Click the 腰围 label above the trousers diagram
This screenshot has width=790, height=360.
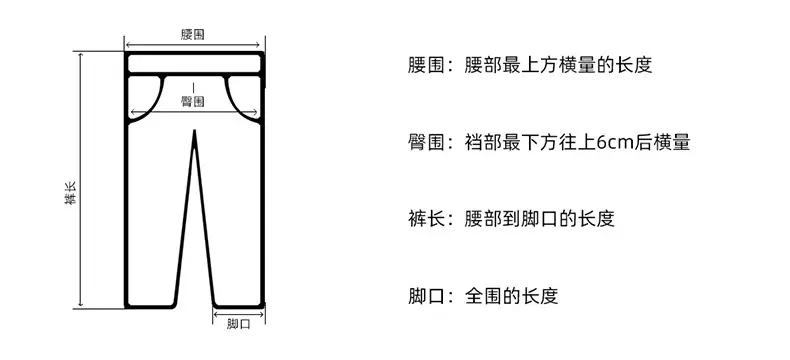click(192, 35)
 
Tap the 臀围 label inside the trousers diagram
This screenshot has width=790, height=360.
click(193, 101)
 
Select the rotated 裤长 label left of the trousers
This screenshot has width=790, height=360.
click(71, 193)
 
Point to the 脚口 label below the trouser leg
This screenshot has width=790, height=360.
click(238, 324)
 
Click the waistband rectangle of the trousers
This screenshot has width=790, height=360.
click(194, 64)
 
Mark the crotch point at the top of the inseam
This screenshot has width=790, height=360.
click(194, 131)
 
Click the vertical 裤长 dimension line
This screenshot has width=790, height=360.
click(81, 180)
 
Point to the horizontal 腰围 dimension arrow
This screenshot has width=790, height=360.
click(194, 45)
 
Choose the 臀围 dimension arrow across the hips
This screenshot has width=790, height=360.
click(194, 112)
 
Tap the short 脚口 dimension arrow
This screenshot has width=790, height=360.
click(238, 315)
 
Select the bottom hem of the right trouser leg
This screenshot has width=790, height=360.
click(238, 306)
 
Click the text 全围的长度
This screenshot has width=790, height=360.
click(511, 296)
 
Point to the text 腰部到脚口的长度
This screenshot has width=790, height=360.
click(540, 219)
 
